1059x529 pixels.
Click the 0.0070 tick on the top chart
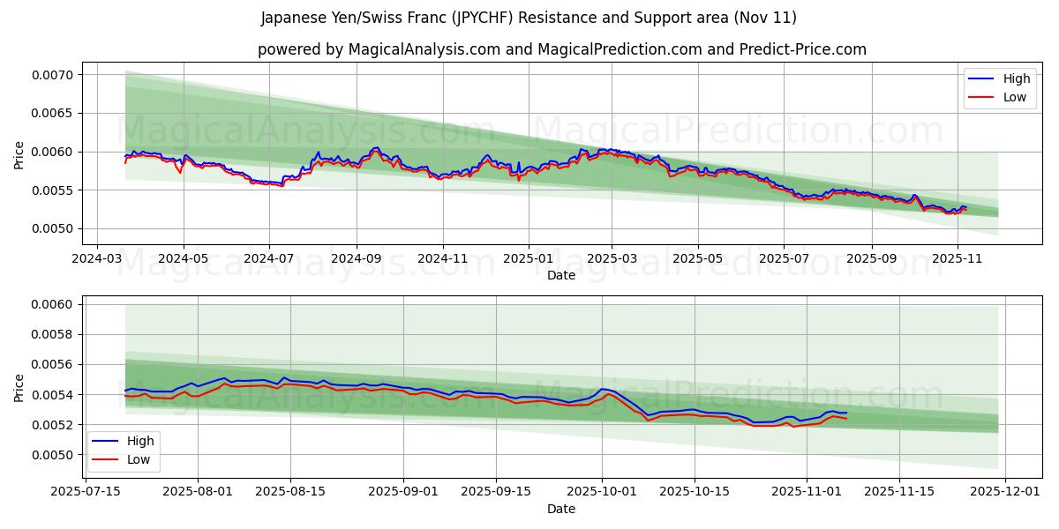click(x=54, y=75)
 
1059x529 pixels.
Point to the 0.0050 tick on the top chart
click(x=54, y=229)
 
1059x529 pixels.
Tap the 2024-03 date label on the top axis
click(x=97, y=260)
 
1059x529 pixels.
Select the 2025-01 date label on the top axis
click(x=528, y=260)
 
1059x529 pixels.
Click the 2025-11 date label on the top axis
click(x=957, y=260)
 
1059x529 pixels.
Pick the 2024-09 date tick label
click(x=357, y=260)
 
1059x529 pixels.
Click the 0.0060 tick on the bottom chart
click(x=54, y=305)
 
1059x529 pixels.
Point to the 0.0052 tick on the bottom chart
click(x=54, y=425)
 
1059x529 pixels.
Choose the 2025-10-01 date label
click(x=602, y=492)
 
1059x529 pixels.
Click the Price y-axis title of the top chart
click(x=19, y=154)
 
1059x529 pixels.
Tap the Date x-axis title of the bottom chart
click(x=561, y=509)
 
